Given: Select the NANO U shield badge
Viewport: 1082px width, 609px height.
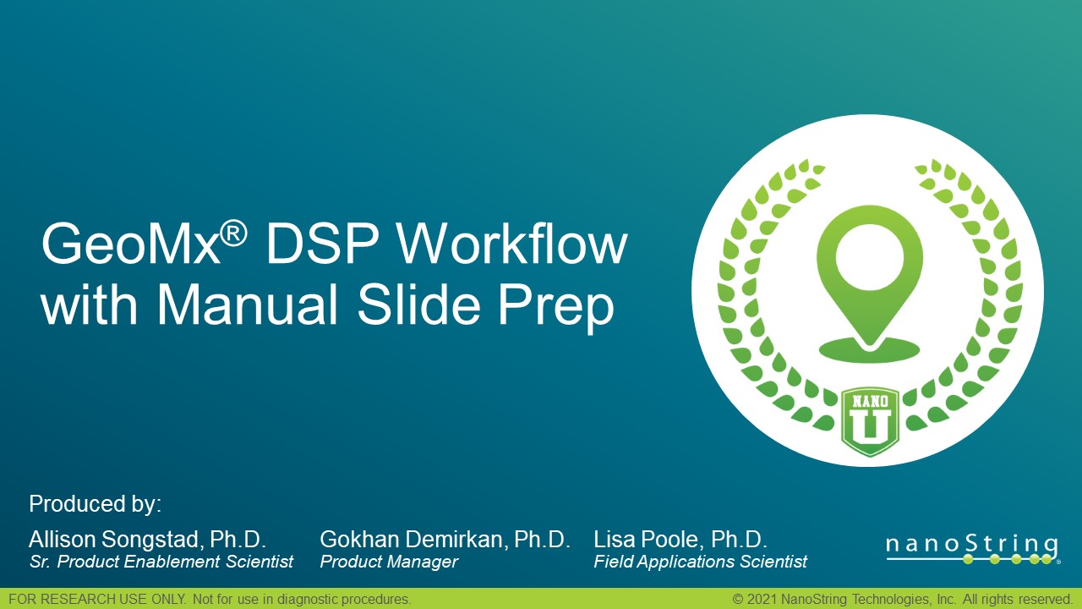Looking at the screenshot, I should [x=870, y=421].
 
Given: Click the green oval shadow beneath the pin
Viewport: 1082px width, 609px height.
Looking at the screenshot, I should [x=868, y=348].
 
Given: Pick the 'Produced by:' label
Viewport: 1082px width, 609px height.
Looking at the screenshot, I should [x=95, y=505].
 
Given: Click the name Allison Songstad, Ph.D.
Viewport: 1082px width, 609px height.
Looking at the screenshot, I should [x=148, y=540].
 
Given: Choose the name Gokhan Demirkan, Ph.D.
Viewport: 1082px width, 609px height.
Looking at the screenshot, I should [x=445, y=540].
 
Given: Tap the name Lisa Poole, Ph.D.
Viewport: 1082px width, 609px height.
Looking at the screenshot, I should [x=680, y=540].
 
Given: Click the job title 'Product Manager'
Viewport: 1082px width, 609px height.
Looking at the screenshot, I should [x=389, y=562].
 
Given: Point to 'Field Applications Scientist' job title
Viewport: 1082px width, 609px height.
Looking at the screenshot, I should [x=701, y=562].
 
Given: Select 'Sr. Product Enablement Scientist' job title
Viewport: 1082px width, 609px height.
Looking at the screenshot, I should [x=161, y=562].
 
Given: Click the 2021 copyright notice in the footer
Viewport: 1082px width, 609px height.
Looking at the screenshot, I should [x=902, y=599].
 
